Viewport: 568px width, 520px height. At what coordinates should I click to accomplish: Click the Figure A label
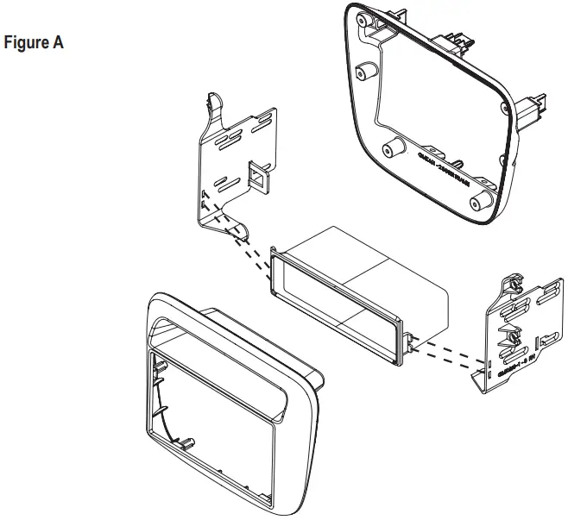coord(34,42)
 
